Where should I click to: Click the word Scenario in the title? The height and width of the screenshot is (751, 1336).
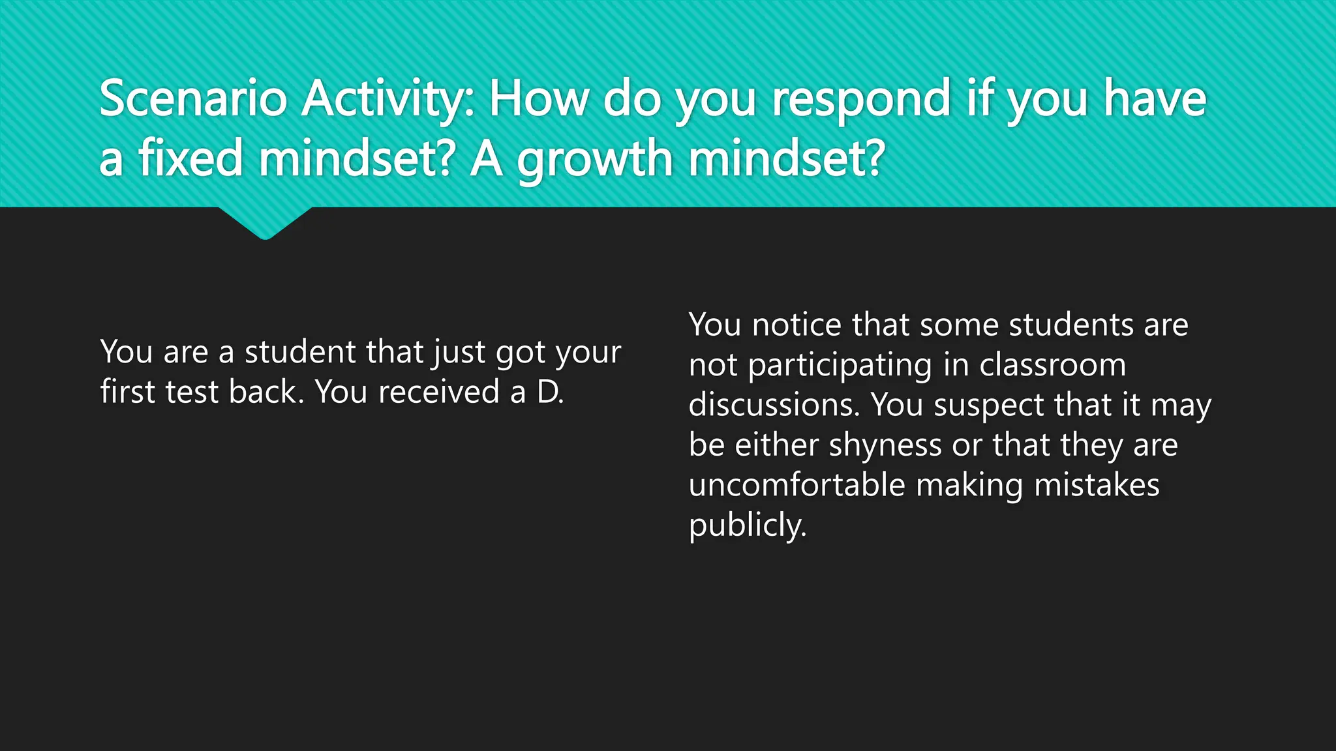click(193, 99)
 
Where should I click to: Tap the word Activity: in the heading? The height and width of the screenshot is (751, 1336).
click(389, 99)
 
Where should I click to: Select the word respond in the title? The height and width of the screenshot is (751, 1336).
click(861, 99)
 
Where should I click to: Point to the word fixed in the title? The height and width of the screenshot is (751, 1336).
click(190, 158)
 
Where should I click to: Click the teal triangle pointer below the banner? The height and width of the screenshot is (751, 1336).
click(265, 222)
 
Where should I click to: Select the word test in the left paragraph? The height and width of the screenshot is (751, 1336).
click(192, 392)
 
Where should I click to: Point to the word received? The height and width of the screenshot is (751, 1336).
click(439, 392)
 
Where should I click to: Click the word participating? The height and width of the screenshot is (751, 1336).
click(840, 366)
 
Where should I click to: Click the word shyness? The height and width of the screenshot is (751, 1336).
click(885, 446)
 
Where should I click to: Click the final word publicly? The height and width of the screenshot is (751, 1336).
click(748, 525)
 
